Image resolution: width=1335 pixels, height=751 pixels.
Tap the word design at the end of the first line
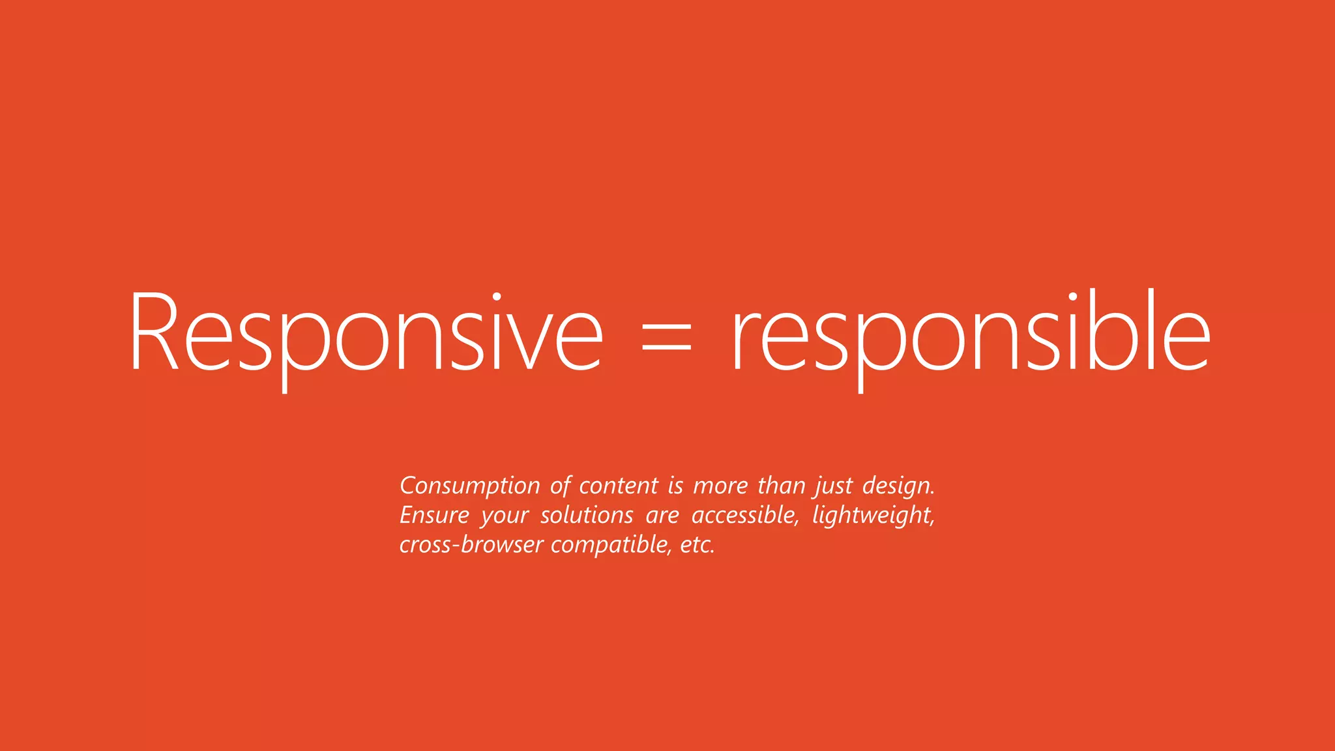pos(898,486)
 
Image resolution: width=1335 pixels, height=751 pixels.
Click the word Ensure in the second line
pos(434,516)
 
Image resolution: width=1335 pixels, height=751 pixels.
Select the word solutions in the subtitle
pos(587,516)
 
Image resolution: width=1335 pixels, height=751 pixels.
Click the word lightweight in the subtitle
pos(873,516)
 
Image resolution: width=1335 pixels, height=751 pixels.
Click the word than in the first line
pos(781,486)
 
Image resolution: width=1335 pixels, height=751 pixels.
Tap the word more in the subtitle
pos(720,486)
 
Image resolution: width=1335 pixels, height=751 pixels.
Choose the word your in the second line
pos(505,516)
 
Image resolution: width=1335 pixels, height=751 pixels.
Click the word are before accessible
pos(662,516)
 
